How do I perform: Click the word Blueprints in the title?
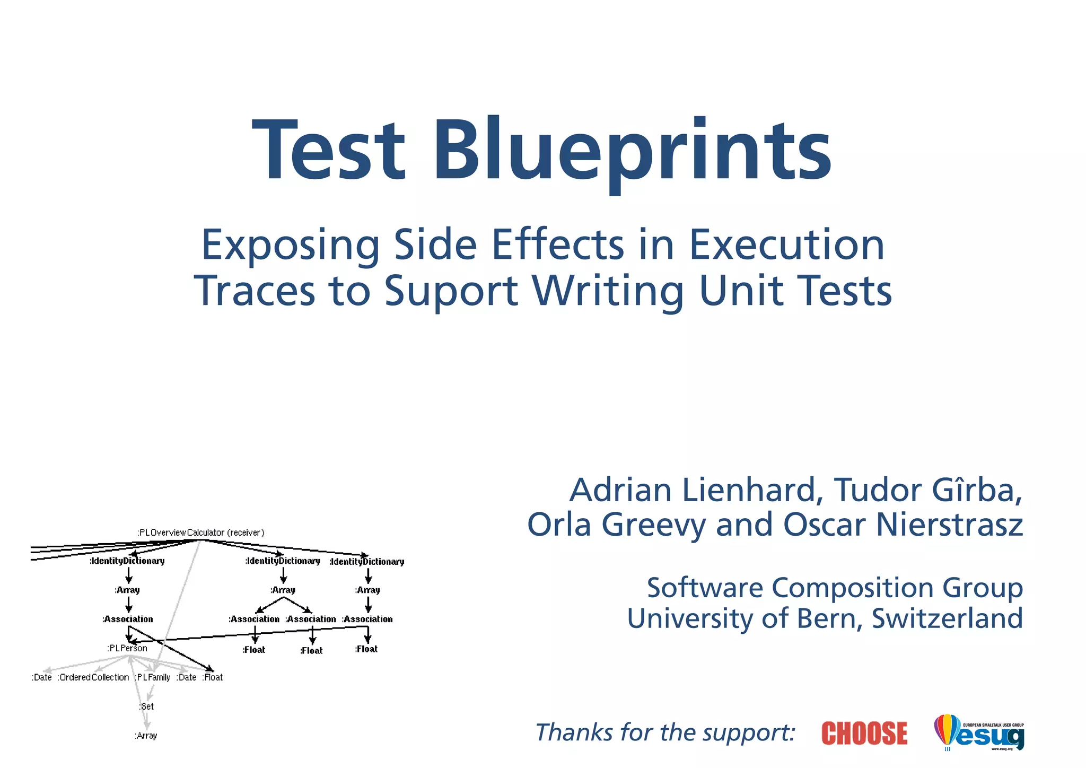(633, 151)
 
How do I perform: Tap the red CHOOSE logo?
(864, 733)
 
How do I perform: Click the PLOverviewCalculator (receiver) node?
(200, 533)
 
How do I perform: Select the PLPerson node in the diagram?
(127, 648)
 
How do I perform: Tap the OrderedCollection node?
(94, 677)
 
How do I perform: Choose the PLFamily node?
(153, 677)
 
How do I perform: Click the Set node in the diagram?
(147, 706)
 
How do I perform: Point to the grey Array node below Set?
(146, 736)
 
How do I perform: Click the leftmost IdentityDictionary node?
(127, 561)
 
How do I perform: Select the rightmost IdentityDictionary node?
(367, 562)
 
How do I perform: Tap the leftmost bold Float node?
(254, 650)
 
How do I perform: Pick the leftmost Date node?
(42, 677)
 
